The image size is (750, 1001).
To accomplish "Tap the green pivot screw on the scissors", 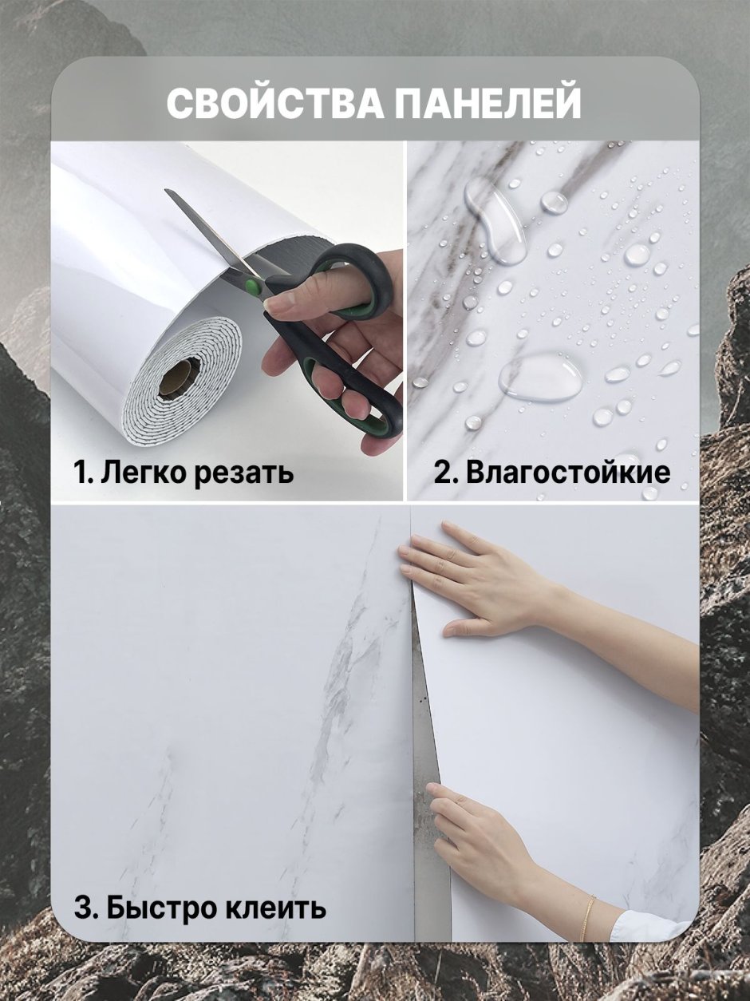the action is [251, 286].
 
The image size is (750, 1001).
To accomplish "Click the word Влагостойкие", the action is [568, 473].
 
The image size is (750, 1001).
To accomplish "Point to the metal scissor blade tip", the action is [166, 191].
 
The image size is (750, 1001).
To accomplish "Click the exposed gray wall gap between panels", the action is [428, 798].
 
